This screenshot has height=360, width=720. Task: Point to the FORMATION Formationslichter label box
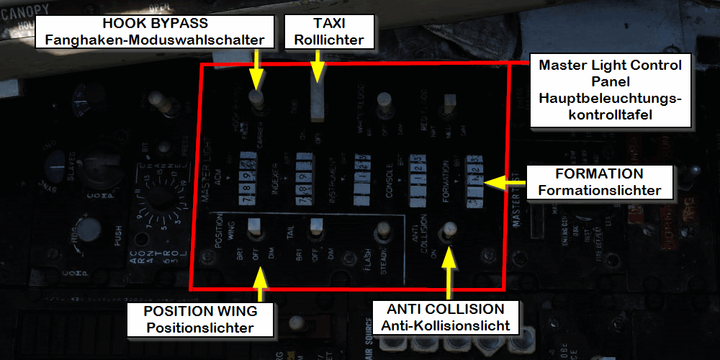tap(599, 183)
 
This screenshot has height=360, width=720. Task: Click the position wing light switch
tap(254, 230)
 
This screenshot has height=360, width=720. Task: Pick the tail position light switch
tap(315, 230)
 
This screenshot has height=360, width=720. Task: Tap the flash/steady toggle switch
tap(382, 232)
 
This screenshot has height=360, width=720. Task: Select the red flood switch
tap(450, 103)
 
